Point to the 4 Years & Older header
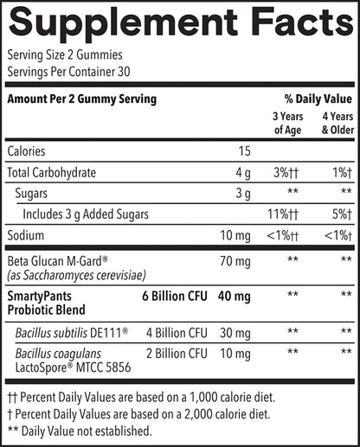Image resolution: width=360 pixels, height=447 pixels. (x=336, y=123)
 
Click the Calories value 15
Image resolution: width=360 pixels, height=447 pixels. (x=244, y=151)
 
